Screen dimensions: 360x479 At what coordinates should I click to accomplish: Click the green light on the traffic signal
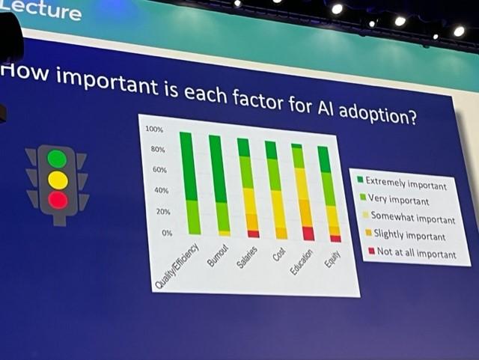[x=57, y=159]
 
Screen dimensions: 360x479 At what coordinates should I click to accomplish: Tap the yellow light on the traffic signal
[x=58, y=180]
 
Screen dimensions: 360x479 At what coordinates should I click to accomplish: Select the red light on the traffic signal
[x=58, y=200]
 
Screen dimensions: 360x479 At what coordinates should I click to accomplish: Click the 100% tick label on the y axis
[x=153, y=130]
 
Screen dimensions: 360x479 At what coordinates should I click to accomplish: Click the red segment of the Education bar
[x=308, y=234]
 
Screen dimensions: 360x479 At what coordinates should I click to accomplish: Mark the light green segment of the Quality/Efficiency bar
[x=192, y=216]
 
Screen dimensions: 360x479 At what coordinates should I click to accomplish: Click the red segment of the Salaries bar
[x=253, y=234]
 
